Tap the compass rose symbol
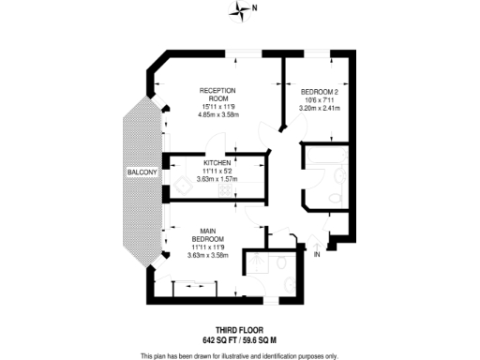(243, 11)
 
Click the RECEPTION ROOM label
(217, 94)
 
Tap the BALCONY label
(143, 174)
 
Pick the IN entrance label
(318, 254)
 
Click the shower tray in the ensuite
(254, 264)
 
